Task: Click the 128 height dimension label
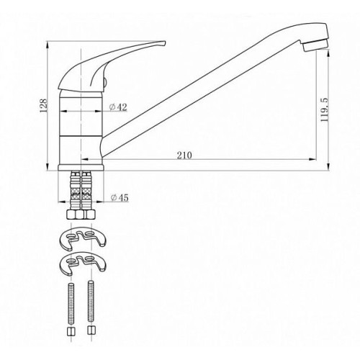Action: [x=44, y=106]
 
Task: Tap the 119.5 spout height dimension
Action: [x=325, y=109]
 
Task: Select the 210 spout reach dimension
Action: [x=184, y=156]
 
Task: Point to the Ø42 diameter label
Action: [x=118, y=107]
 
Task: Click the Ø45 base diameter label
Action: [x=120, y=198]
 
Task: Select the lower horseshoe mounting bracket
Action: [x=83, y=264]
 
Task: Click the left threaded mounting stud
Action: [x=71, y=303]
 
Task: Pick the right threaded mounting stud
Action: [x=91, y=301]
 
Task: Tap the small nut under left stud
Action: [x=71, y=332]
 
